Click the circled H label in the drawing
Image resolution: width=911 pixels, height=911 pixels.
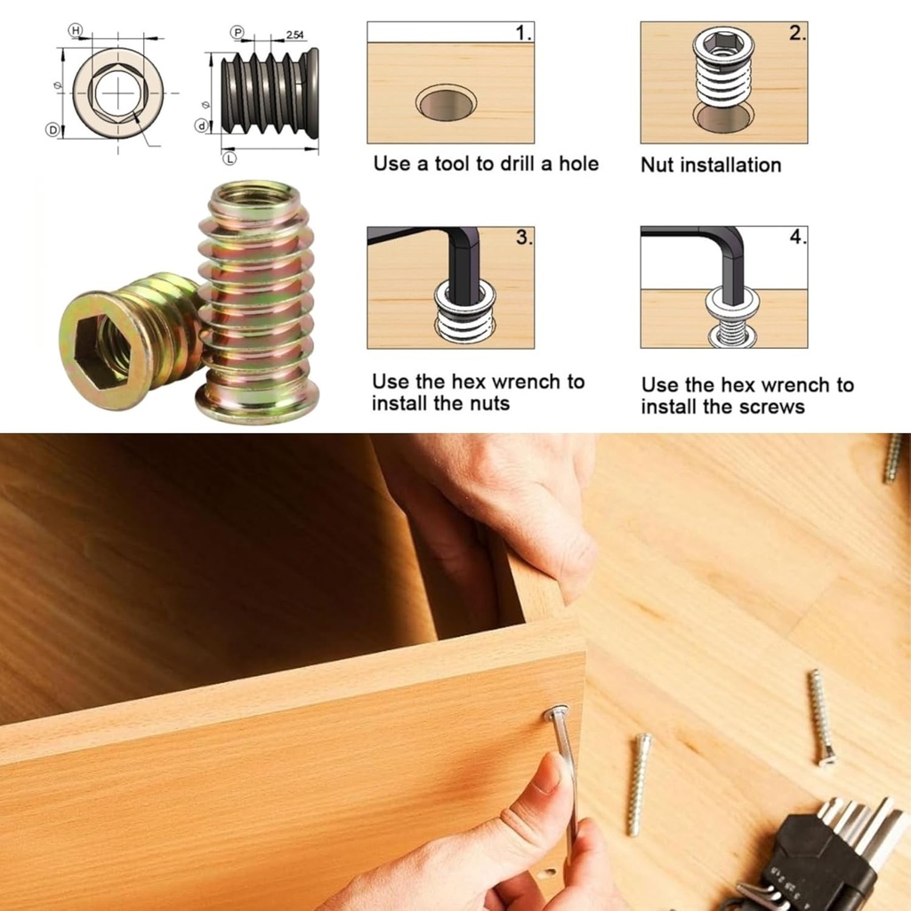[76, 31]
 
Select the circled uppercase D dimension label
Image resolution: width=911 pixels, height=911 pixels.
[52, 130]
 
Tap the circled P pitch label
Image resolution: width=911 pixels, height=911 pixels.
[238, 32]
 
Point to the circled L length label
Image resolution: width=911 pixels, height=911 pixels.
[230, 158]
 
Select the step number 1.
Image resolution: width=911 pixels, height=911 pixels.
[523, 34]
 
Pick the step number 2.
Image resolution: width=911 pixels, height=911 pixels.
[796, 34]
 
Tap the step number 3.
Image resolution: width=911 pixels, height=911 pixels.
[523, 238]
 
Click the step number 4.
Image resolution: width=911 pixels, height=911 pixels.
[797, 238]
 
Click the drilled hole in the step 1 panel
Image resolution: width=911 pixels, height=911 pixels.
[445, 103]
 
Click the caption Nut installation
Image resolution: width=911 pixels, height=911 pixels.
[710, 165]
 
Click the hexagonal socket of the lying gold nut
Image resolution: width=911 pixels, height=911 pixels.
[100, 351]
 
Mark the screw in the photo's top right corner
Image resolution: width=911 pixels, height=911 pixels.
[893, 458]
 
